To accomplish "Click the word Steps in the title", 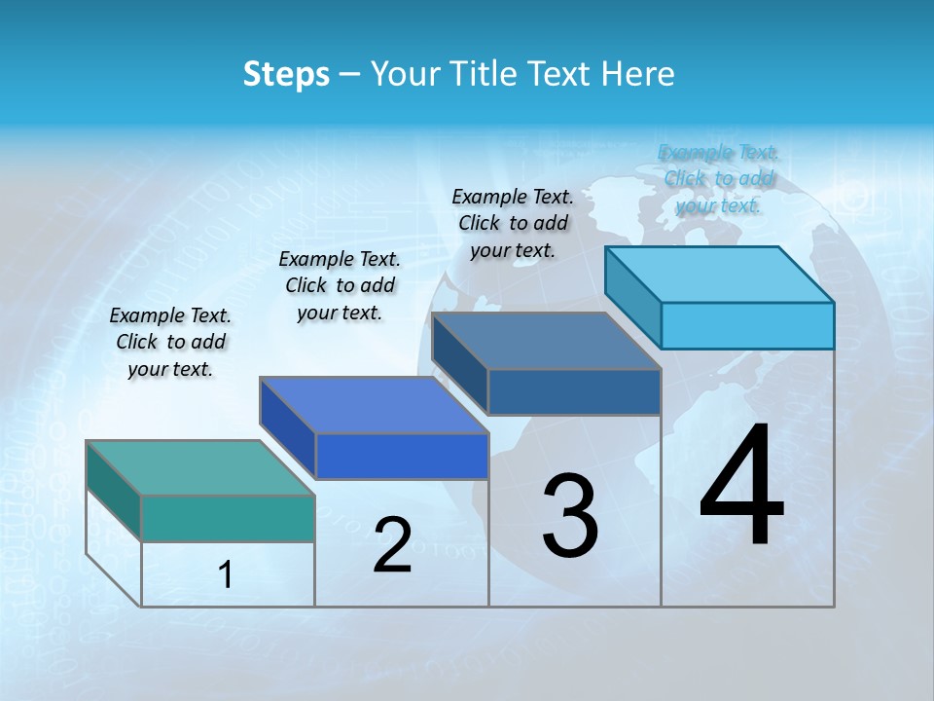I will tap(286, 74).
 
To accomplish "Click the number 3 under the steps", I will tap(569, 515).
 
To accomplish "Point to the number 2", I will tap(392, 544).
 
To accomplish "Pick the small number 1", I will tap(226, 574).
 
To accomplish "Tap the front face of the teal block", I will tap(228, 518).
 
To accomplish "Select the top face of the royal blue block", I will tap(374, 405).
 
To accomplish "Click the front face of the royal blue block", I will tap(402, 456).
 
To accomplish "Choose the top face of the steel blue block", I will tap(546, 341).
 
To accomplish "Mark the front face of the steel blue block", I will tap(574, 391).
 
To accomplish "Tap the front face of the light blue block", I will tap(747, 325).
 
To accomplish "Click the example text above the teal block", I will tap(170, 342).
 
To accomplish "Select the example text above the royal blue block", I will tap(340, 285).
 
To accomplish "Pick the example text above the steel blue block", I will tap(513, 223).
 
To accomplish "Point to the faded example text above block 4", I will tap(719, 178).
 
